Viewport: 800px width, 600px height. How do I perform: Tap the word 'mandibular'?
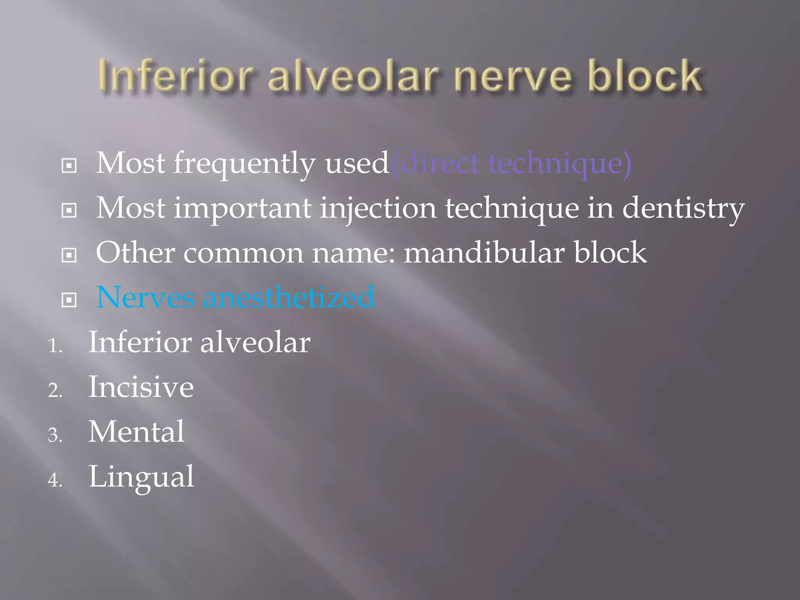pos(484,253)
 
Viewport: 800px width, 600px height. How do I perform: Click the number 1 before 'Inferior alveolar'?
pos(55,346)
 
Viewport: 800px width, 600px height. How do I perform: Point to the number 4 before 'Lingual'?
pos(55,480)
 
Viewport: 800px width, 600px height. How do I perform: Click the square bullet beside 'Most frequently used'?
pos(69,166)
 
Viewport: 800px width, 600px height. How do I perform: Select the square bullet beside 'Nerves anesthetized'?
pos(69,300)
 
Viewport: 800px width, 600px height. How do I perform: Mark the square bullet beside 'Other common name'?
pos(69,255)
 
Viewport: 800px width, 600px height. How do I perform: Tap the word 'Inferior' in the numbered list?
pos(139,342)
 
